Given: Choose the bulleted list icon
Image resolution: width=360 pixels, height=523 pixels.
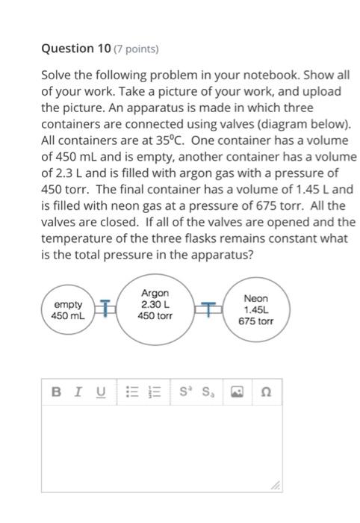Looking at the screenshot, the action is pos(131,392).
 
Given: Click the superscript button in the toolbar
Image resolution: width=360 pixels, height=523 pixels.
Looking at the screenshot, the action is pos(185,392).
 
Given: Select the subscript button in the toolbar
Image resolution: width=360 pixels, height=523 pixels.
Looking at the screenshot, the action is pos(208,392).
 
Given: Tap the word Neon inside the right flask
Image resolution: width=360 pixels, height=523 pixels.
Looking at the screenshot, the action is pos(255,297).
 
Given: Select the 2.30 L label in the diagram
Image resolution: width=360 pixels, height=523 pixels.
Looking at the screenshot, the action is pos(155,304).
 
